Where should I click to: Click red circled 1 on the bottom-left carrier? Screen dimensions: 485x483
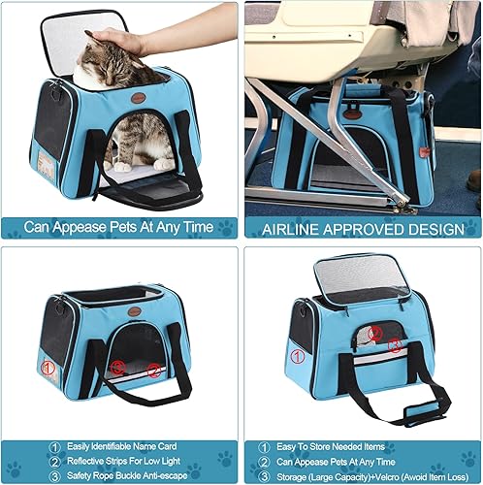(48, 368)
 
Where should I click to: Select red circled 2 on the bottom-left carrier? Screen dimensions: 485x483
(154, 370)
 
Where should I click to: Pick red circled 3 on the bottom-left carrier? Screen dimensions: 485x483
(117, 368)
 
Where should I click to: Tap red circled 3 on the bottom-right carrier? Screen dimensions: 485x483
(395, 344)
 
